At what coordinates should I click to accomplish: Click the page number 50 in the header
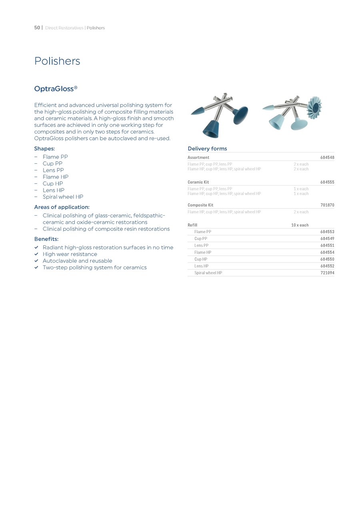[x=37, y=28]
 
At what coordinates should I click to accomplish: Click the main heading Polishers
[x=57, y=61]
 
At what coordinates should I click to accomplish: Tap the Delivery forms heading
[x=207, y=148]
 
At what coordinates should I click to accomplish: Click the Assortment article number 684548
[x=327, y=158]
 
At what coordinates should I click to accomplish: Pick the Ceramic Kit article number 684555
[x=327, y=182]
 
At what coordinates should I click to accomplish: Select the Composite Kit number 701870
[x=327, y=205]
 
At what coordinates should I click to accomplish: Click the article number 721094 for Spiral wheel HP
[x=327, y=273]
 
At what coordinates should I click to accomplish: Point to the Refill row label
[x=192, y=225]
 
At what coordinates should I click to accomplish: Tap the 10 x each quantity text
[x=300, y=225]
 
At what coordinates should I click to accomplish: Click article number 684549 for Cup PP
[x=327, y=239]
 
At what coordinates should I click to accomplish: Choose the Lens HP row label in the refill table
[x=201, y=266]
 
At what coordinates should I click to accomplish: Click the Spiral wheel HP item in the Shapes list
[x=63, y=197]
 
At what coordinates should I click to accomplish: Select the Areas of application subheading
[x=62, y=207]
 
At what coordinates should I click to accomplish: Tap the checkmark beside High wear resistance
[x=36, y=254]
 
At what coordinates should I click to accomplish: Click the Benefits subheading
[x=46, y=239]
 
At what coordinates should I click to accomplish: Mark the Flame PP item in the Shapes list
[x=55, y=157]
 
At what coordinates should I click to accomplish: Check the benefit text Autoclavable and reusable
[x=78, y=261]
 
